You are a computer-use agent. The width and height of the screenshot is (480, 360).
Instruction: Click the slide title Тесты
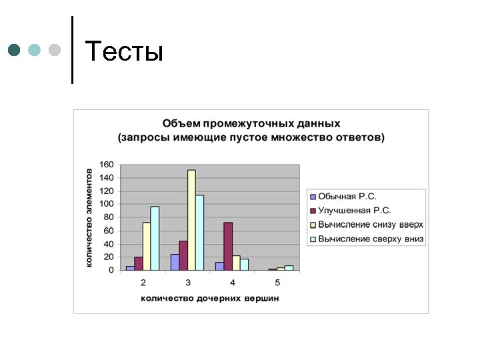pos(125,51)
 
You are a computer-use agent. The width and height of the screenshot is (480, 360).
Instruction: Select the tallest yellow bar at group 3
pos(191,220)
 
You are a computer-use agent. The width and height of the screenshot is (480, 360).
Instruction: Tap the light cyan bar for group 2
pos(155,238)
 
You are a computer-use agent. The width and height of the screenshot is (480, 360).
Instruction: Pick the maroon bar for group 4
pos(227,246)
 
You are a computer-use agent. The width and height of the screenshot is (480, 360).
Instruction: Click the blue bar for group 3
pos(175,262)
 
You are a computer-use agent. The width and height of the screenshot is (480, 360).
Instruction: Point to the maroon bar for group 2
pos(139,263)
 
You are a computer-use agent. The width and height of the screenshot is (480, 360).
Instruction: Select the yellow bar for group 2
pos(147,246)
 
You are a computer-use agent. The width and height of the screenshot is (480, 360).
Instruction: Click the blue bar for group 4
pos(219,266)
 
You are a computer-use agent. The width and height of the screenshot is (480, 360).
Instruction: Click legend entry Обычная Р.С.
pos(347,197)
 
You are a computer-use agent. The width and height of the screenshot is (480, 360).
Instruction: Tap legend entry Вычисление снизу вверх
pos(371,225)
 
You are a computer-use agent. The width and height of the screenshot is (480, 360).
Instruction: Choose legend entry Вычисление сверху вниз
pos(371,239)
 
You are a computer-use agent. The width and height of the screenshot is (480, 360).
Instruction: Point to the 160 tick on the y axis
pos(107,165)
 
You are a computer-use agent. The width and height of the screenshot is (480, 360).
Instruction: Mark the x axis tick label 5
pos(277,282)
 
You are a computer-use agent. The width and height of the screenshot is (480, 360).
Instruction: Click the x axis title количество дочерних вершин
pos(210,298)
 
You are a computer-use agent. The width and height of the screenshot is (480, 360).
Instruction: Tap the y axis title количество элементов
pos(89,217)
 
